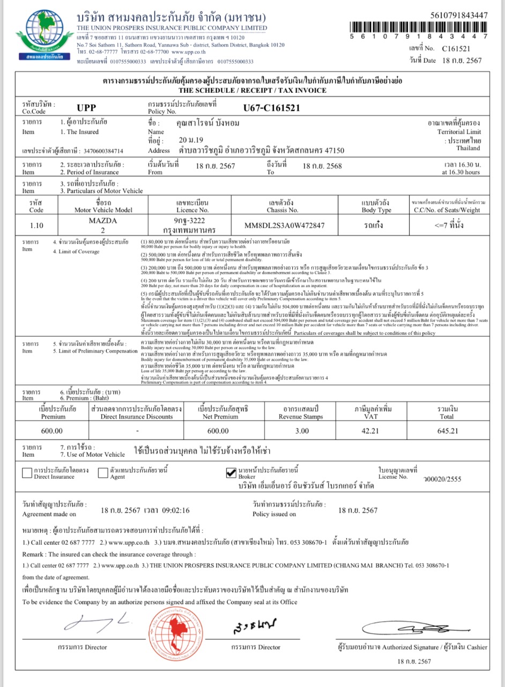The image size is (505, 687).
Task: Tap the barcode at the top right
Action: [x=419, y=26]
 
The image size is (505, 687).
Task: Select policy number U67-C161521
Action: [x=271, y=107]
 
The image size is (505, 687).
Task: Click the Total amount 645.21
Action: [x=447, y=430]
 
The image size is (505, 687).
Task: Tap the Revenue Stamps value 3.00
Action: [x=302, y=430]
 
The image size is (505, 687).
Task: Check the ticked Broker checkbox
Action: [x=231, y=472]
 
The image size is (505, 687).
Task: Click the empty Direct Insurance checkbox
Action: [x=27, y=473]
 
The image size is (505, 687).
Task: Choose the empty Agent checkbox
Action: [x=103, y=473]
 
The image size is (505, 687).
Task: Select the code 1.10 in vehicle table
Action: [x=36, y=225]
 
